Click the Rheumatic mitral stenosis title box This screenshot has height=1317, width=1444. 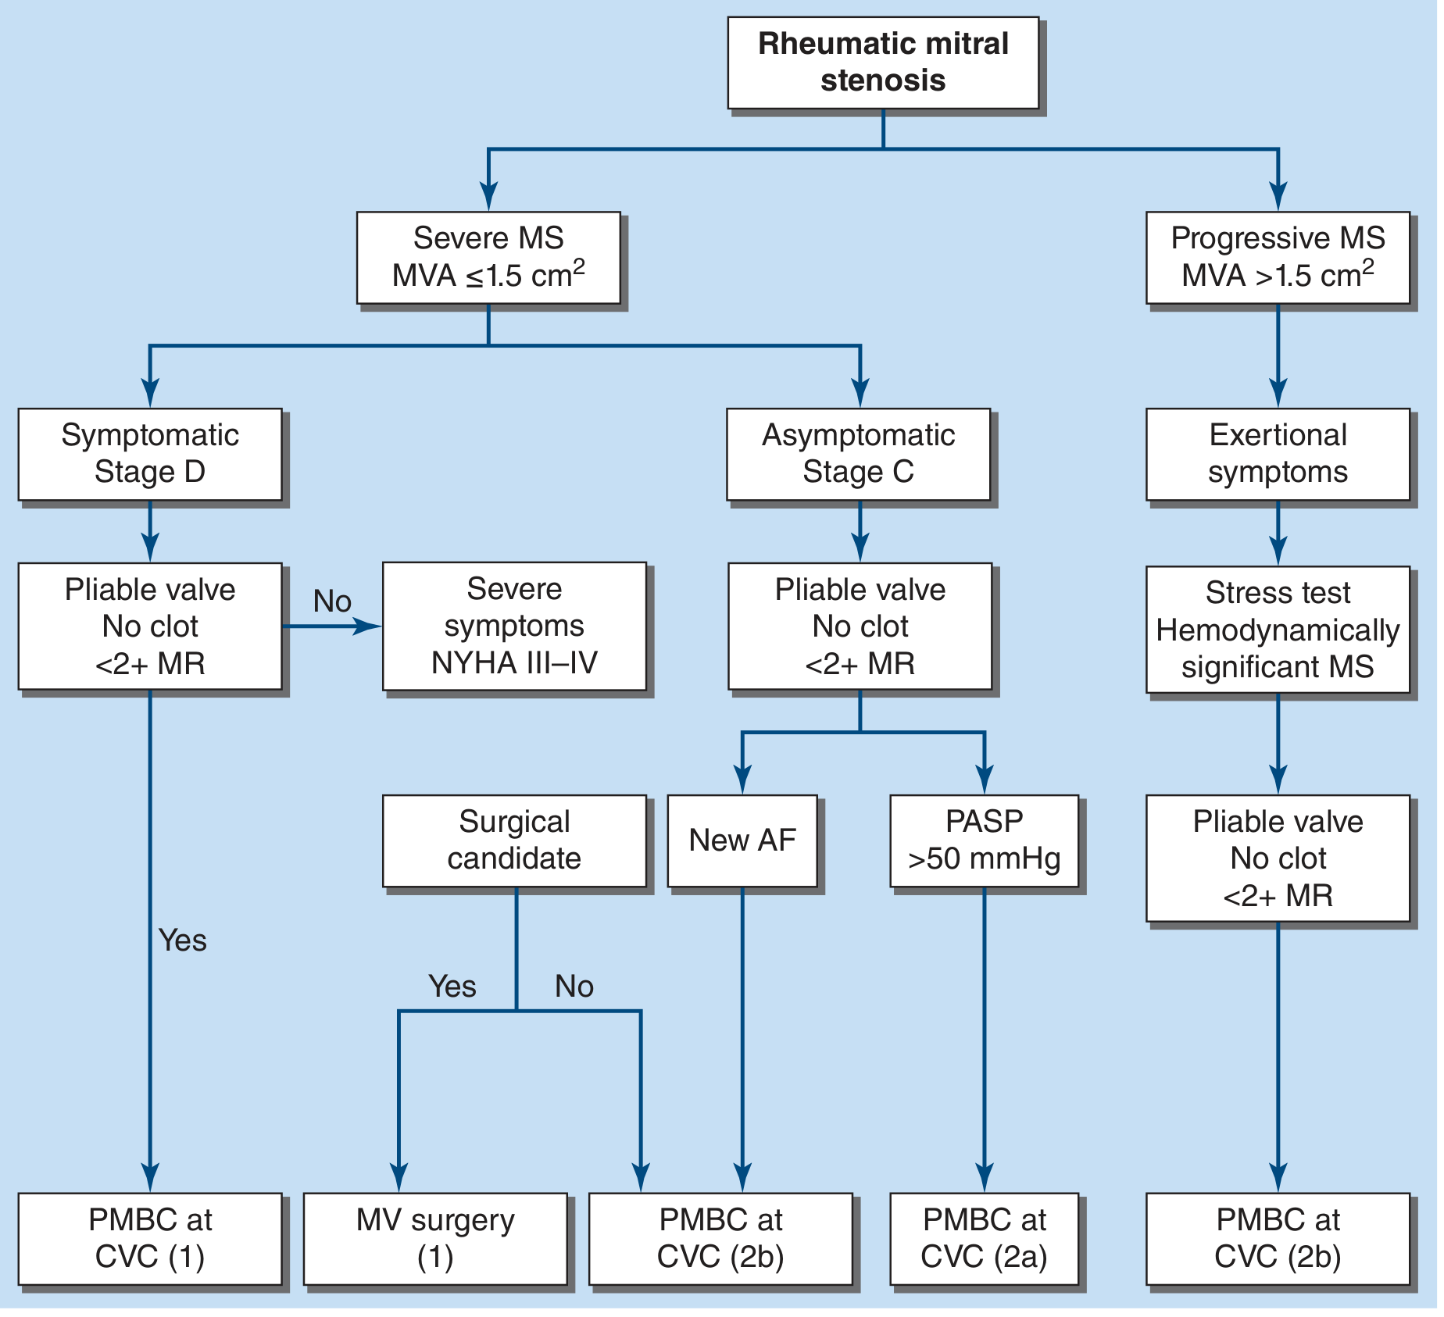click(x=883, y=62)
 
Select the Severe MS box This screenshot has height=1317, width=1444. click(x=488, y=257)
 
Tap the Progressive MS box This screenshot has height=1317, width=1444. click(x=1278, y=257)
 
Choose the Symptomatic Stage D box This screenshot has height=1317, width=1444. click(x=150, y=454)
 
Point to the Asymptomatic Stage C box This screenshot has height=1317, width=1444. click(x=858, y=454)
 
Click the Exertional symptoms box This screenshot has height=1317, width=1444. click(x=1278, y=454)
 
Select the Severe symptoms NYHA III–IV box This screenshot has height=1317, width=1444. click(x=514, y=626)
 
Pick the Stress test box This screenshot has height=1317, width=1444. click(x=1278, y=630)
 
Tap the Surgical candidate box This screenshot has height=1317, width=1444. click(x=514, y=841)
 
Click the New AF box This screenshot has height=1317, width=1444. click(x=742, y=841)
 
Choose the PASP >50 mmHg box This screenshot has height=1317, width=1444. click(x=984, y=841)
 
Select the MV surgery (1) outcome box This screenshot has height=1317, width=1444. click(x=435, y=1239)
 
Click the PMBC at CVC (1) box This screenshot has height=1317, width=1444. click(x=150, y=1239)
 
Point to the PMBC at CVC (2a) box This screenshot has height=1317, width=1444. click(x=984, y=1239)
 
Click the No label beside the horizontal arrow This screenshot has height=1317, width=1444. click(x=332, y=601)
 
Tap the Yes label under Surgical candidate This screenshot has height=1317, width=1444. click(x=452, y=987)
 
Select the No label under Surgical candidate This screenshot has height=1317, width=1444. click(x=574, y=987)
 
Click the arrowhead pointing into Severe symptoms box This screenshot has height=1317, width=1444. click(x=368, y=626)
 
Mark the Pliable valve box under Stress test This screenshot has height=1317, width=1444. click(x=1278, y=858)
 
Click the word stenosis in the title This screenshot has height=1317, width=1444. click(x=883, y=80)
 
